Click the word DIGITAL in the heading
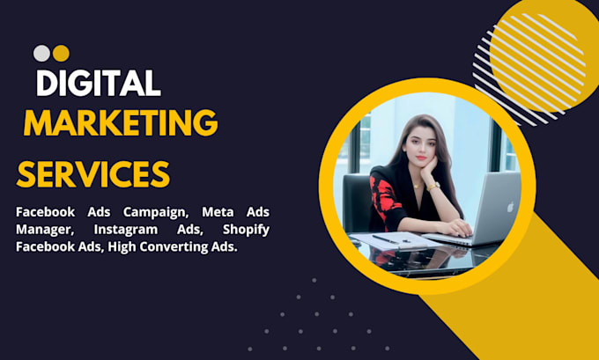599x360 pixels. tap(98, 83)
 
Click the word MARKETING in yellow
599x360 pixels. tap(121, 123)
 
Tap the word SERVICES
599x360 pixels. tap(93, 174)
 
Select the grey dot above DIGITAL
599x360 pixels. tap(41, 54)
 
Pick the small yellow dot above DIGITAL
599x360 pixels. tap(61, 54)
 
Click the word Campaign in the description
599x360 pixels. tap(156, 212)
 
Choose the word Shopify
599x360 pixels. tap(246, 230)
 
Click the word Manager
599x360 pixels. tap(44, 231)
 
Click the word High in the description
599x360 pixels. tap(122, 247)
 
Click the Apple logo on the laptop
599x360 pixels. tap(510, 207)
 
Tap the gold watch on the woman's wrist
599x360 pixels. tap(433, 187)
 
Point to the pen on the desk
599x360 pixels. tap(386, 239)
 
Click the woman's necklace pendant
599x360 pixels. tap(416, 187)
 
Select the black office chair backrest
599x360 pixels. tap(357, 202)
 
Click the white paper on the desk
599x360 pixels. tap(394, 241)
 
